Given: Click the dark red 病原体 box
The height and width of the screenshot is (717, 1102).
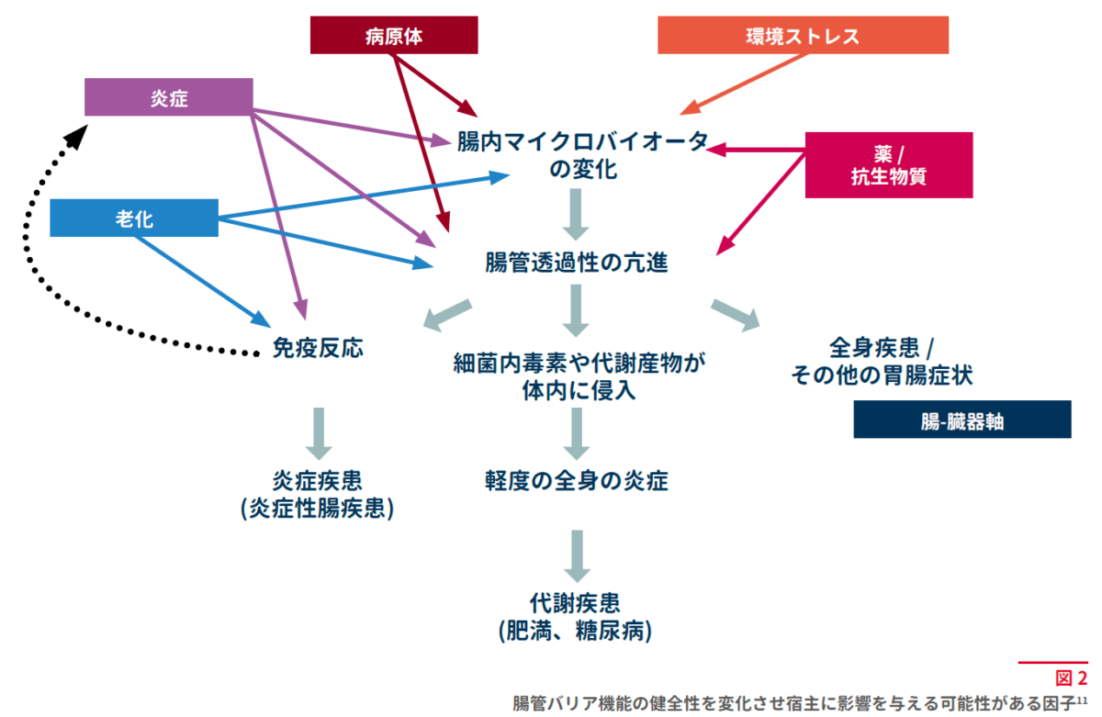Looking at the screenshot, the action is click(x=394, y=35).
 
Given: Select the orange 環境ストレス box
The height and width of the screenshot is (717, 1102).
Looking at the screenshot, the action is click(x=803, y=35).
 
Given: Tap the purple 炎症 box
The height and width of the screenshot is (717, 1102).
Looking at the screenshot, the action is click(x=169, y=97).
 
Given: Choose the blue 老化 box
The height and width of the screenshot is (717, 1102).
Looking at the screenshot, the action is click(x=134, y=218).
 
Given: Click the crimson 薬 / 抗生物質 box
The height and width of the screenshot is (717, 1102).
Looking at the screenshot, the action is click(x=889, y=165).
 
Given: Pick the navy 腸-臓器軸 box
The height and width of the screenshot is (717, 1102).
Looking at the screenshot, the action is click(x=962, y=420).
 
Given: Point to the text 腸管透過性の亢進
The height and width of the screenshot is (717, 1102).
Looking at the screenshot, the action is click(x=577, y=263).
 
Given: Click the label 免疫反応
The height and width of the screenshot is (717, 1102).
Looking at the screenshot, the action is click(x=318, y=348).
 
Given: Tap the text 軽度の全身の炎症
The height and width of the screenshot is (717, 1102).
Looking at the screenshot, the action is click(x=577, y=480).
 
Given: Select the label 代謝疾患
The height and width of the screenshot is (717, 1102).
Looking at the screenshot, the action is click(x=575, y=603).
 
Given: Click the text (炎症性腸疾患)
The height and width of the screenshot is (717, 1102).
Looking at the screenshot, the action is click(x=318, y=508).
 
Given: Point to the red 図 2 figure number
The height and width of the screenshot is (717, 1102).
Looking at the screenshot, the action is click(x=1071, y=678).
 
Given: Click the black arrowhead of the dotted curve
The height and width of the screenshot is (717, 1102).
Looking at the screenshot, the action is click(x=77, y=136).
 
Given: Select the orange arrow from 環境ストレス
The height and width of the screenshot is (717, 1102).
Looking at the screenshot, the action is click(x=743, y=84).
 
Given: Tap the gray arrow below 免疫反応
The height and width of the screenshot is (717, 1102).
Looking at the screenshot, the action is click(x=319, y=433).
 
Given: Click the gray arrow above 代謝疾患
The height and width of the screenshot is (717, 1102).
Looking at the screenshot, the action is click(x=577, y=556).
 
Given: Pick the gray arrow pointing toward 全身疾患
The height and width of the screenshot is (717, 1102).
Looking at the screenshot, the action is click(x=736, y=315).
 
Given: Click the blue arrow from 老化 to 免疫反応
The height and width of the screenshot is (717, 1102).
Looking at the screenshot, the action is click(x=202, y=282).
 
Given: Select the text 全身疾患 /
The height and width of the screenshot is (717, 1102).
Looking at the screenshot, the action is click(x=882, y=348).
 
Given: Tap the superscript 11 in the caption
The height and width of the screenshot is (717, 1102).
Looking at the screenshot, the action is click(x=1083, y=700).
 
